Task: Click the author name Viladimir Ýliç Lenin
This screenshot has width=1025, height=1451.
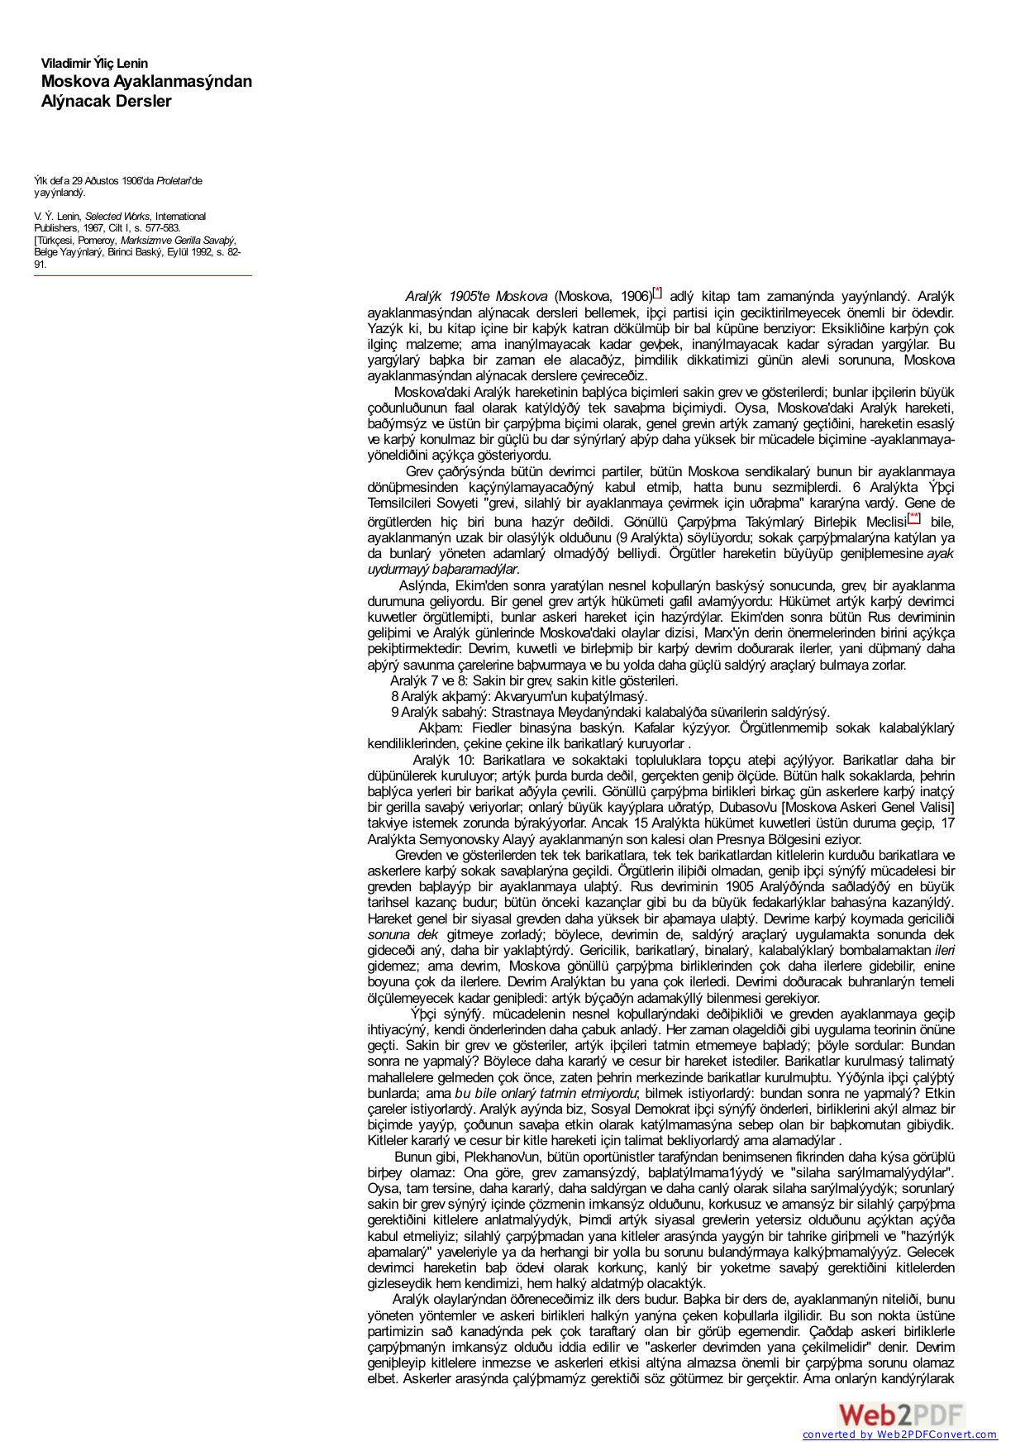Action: [x=94, y=64]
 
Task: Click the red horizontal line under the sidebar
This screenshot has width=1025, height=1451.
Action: [x=143, y=275]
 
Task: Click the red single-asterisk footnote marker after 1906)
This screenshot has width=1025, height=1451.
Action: [x=657, y=293]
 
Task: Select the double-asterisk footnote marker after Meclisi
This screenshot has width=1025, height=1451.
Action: [x=914, y=518]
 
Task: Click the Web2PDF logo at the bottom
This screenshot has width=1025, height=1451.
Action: [x=901, y=1414]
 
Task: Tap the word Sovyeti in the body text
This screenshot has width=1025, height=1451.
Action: [x=456, y=503]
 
